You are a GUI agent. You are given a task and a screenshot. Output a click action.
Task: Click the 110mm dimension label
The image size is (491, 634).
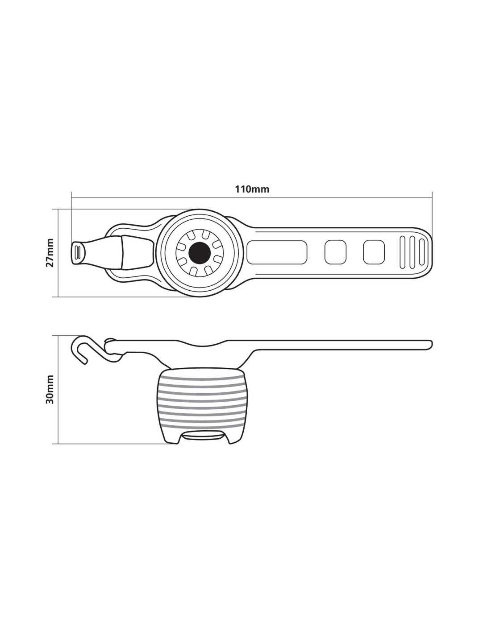click(x=252, y=189)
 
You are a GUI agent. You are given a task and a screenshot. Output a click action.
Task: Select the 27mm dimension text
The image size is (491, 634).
click(x=50, y=253)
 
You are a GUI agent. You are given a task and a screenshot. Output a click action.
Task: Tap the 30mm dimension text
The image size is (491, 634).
click(x=50, y=389)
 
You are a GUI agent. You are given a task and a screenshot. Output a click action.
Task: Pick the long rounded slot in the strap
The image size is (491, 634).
click(x=277, y=253)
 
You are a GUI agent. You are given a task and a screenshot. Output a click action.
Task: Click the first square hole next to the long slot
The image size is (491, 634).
click(x=335, y=253)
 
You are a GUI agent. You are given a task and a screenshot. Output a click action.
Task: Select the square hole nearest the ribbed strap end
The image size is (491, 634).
click(x=374, y=253)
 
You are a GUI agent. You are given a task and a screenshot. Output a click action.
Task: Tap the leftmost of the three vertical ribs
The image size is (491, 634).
click(x=403, y=253)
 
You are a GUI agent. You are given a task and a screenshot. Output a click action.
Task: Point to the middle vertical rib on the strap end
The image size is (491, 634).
click(x=412, y=253)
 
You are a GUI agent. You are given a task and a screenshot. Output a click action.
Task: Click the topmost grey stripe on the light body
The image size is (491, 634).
click(x=202, y=378)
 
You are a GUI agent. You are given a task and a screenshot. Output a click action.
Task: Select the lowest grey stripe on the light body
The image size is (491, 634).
click(x=202, y=420)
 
